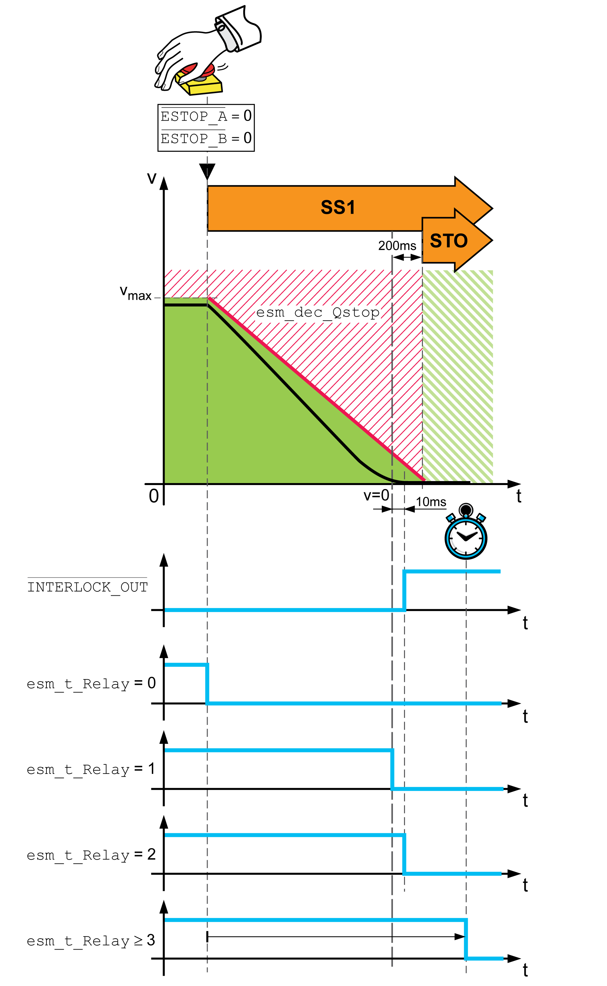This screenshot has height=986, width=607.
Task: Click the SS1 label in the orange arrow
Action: tap(338, 207)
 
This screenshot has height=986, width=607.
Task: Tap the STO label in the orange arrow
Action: tap(448, 241)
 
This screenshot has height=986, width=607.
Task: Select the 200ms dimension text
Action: tap(397, 246)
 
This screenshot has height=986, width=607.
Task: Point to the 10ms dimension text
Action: tap(431, 502)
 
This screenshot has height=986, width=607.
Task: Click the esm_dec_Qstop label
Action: tap(317, 312)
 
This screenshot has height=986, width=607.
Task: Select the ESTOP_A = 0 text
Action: tap(206, 116)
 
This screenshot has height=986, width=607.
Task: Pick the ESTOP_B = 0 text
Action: tap(206, 138)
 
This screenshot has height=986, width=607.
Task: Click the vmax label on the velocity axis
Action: tap(136, 293)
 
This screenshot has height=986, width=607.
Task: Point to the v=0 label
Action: tap(376, 496)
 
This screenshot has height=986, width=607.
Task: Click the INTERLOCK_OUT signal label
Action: tap(88, 587)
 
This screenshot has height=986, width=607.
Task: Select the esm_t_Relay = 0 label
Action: tap(91, 683)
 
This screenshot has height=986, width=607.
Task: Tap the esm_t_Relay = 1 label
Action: tap(91, 769)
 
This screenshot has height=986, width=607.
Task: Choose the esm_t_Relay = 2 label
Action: tap(91, 855)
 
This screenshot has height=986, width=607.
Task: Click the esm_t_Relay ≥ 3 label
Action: tap(91, 940)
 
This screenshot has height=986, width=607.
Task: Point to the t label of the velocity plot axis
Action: tap(519, 496)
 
